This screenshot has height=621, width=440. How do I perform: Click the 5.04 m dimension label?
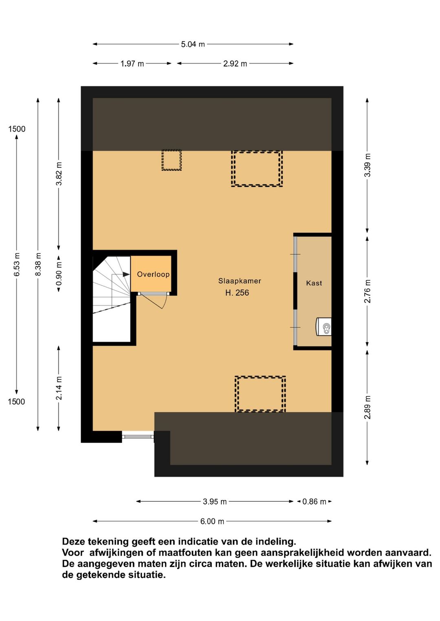193,44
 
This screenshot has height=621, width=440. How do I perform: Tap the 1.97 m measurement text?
132,64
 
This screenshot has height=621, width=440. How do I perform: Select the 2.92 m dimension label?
235,64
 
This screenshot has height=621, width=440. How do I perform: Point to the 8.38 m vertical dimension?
38,264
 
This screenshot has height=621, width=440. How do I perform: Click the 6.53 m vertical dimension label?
17,264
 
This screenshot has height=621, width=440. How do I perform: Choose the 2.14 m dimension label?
59,388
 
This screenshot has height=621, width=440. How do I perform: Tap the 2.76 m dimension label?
367,291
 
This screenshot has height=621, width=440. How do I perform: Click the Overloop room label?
153,274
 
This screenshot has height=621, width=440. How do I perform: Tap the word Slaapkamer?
240,281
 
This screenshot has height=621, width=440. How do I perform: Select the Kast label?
314,283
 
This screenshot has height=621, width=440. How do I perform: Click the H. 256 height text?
237,293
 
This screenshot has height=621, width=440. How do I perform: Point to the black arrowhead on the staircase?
126,274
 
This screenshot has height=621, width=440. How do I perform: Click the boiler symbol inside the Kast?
323,327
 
